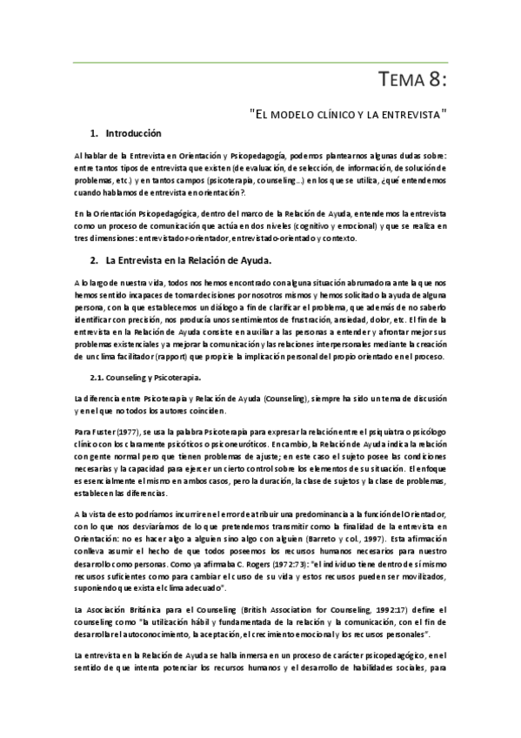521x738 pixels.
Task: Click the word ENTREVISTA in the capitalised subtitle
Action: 409,113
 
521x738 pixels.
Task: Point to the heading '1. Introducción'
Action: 126,134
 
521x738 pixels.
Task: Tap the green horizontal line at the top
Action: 260,62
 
